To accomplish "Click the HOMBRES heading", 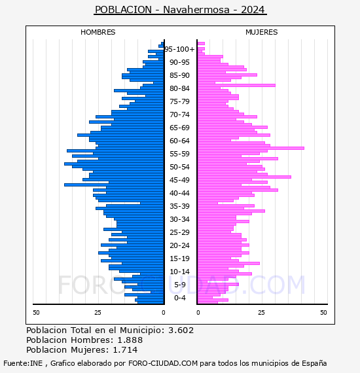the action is tap(98, 32).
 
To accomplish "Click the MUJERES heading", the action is tap(262, 32).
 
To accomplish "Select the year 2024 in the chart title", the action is tap(253, 10).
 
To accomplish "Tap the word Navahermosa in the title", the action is tap(196, 10).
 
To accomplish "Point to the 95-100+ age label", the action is tap(179, 49).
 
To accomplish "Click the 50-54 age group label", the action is tap(179, 167).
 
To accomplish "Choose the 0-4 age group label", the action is tap(179, 298).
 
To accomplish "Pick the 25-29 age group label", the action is tap(179, 232).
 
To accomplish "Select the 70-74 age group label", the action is tap(179, 115).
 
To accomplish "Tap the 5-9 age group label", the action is tap(179, 285).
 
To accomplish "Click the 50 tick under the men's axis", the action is tap(36, 313).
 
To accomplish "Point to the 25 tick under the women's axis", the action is tap(261, 313).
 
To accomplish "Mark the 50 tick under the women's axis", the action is tap(323, 313).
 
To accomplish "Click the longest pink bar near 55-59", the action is tap(251, 148).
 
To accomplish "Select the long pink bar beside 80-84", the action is tap(236, 86).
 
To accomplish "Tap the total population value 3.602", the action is tap(181, 330).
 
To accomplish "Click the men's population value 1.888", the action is tap(130, 340).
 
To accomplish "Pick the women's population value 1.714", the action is tap(125, 350).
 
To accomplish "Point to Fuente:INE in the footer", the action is tap(23, 363).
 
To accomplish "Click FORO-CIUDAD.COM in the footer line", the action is tap(163, 363).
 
